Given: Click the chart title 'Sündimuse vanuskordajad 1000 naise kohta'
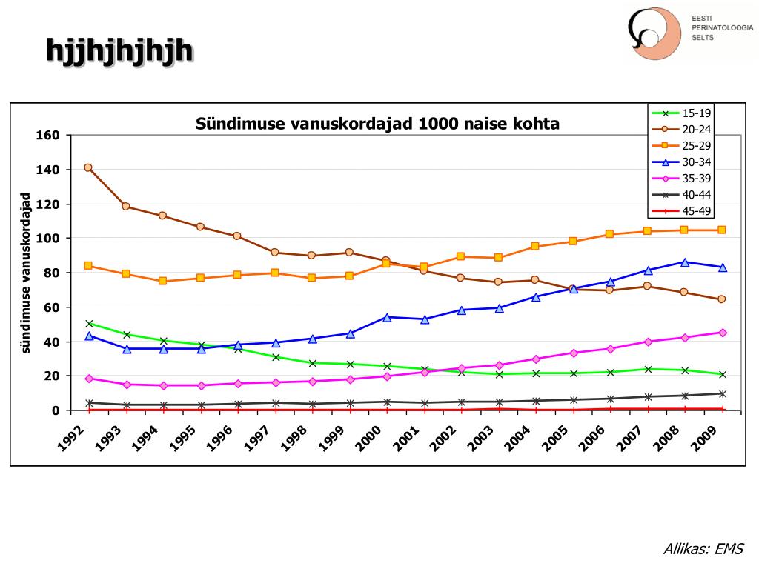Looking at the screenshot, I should pos(377,124).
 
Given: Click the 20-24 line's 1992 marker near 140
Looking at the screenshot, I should pos(88,167).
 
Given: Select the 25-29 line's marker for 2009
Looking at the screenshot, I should pos(722,230).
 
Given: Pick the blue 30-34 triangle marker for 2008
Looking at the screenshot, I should pos(685,262).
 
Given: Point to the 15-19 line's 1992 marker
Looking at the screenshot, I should pos(89,324).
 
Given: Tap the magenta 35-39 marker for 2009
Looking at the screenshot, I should pos(722,333).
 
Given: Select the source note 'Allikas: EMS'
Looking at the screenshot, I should pos(703,549).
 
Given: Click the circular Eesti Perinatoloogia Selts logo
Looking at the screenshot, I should pos(654,34).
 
